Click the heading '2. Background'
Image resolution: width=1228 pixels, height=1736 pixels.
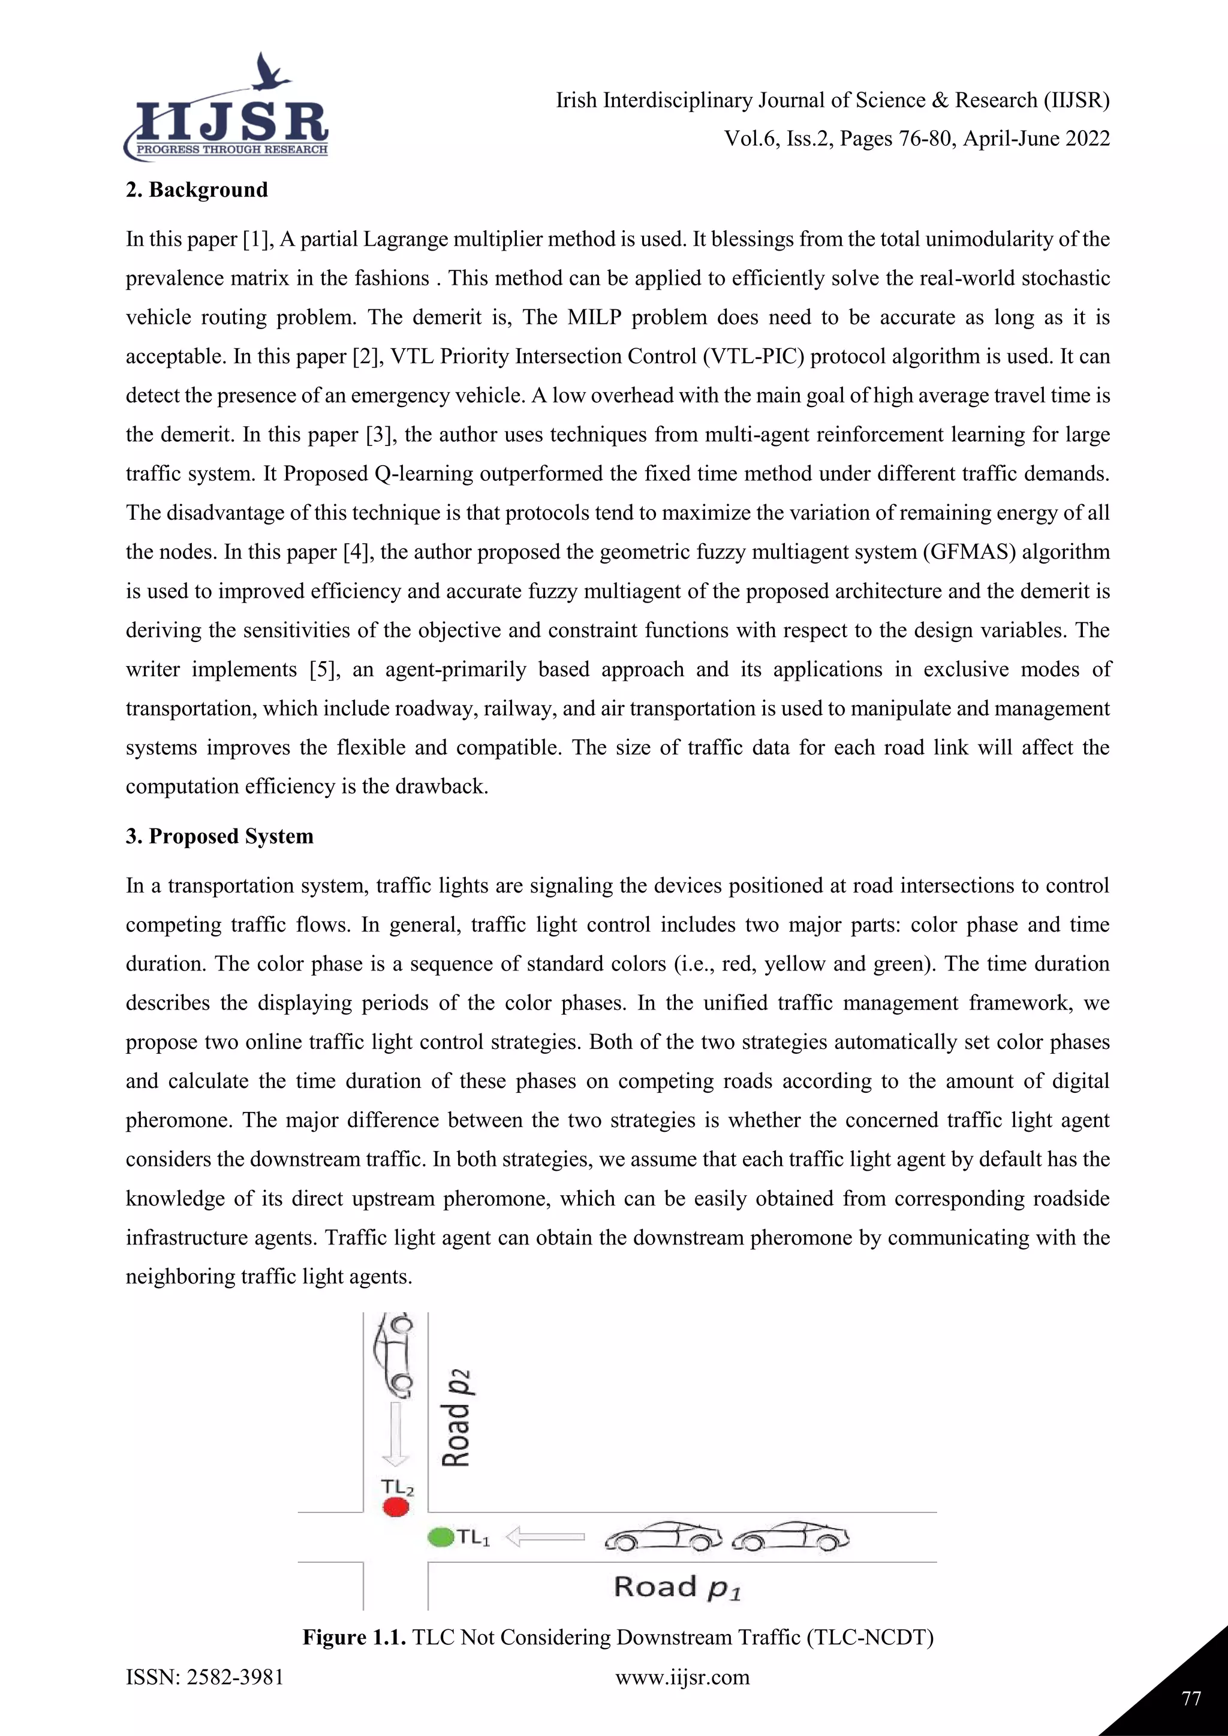click(197, 190)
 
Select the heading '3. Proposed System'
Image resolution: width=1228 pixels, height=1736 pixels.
click(219, 836)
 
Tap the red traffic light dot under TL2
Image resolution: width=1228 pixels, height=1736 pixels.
click(396, 1507)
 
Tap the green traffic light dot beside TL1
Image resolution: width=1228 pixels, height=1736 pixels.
click(440, 1537)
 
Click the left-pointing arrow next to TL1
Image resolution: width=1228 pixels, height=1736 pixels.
click(544, 1536)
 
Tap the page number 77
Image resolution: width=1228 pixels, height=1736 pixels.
click(1191, 1699)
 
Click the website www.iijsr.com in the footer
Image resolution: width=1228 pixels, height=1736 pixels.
click(682, 1677)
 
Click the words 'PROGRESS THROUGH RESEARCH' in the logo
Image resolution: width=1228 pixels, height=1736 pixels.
click(231, 150)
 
